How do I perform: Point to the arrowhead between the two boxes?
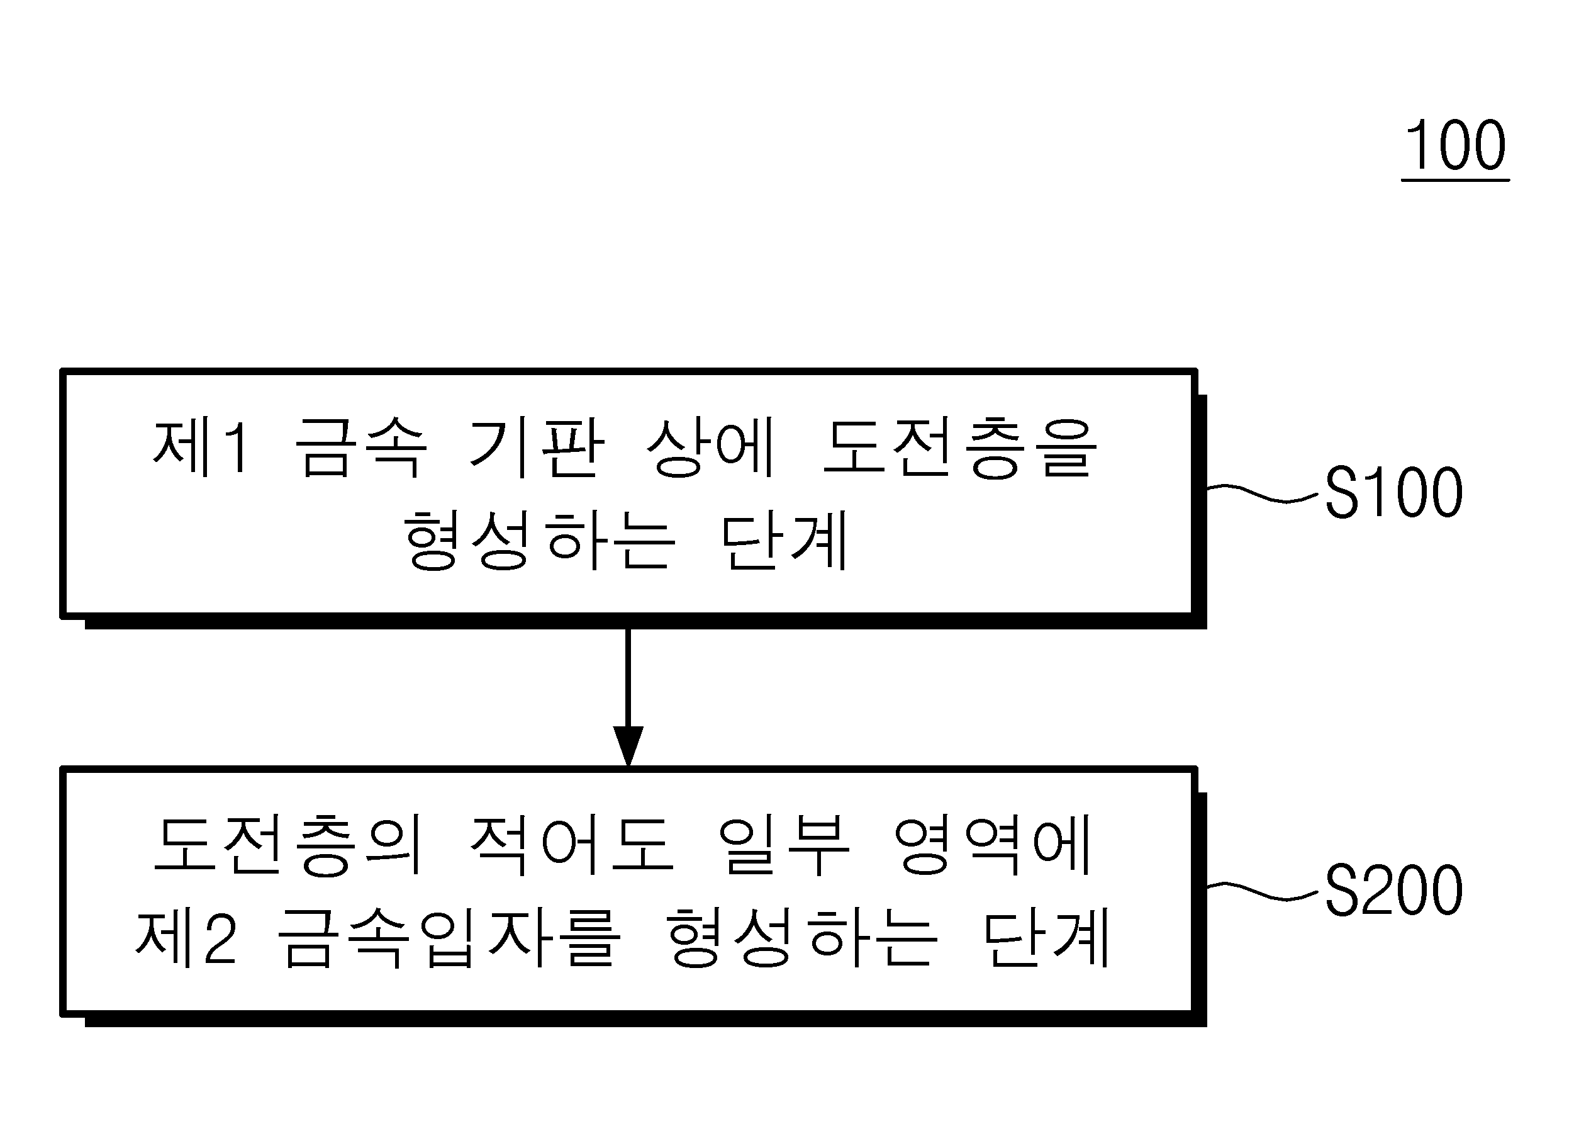point(628,746)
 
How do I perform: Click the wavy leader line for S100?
point(1262,493)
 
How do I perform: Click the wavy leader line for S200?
point(1262,892)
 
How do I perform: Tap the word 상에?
point(710,448)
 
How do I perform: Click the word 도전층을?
point(960,448)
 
